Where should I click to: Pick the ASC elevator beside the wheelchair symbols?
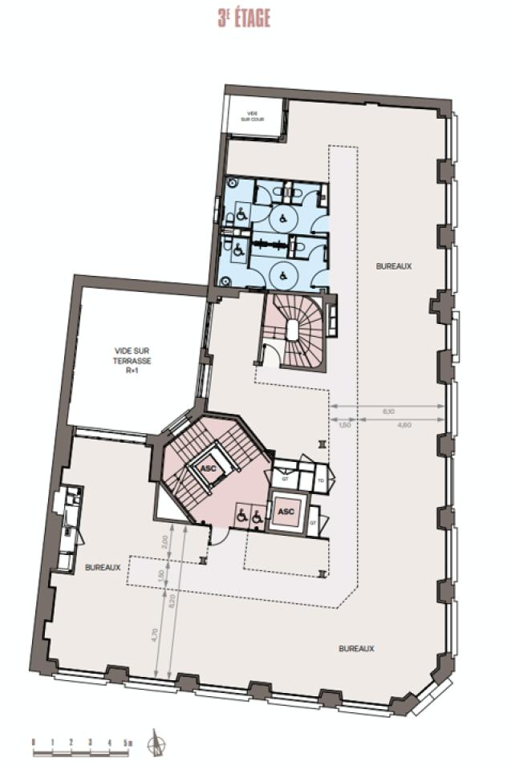(x=285, y=511)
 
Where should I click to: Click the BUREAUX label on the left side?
(x=103, y=567)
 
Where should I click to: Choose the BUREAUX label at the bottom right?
(x=356, y=647)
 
